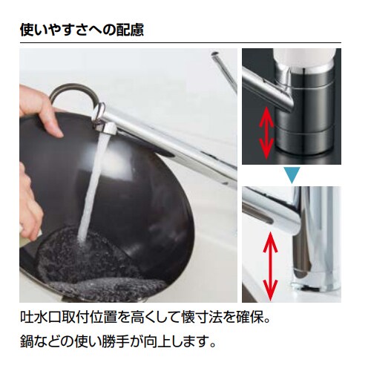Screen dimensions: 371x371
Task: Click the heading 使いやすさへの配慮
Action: pos(82,30)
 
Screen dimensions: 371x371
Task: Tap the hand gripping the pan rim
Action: pos(46,119)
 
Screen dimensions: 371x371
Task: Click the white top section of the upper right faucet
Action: pos(304,63)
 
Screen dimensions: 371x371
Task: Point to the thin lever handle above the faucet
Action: pos(223,70)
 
